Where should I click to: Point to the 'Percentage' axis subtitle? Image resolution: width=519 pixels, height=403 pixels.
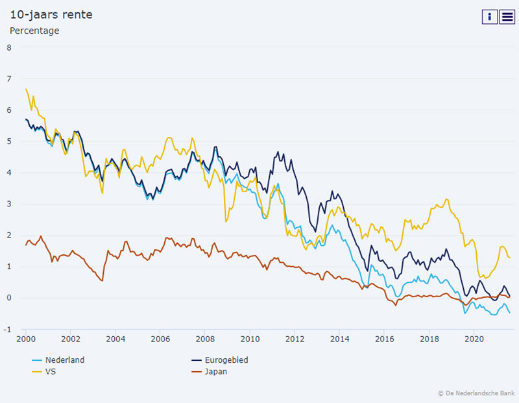34,31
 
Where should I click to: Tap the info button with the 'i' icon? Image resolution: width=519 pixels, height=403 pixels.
489,17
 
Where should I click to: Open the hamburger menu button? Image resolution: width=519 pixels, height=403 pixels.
507,17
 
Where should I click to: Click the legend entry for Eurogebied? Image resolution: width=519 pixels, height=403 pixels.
224,360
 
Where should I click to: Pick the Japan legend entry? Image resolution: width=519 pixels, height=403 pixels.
216,372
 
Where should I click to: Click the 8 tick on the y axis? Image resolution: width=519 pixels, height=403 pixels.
8,47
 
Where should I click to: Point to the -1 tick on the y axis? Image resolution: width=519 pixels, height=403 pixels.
8,330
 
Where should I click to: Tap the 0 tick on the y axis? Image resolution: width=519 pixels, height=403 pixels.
8,298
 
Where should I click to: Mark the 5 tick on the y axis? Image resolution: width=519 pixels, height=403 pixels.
8,141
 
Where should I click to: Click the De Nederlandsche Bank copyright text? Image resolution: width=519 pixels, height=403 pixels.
476,393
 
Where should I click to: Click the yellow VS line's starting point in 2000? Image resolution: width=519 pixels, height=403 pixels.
26,89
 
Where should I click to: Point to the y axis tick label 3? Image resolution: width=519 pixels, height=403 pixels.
8,204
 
